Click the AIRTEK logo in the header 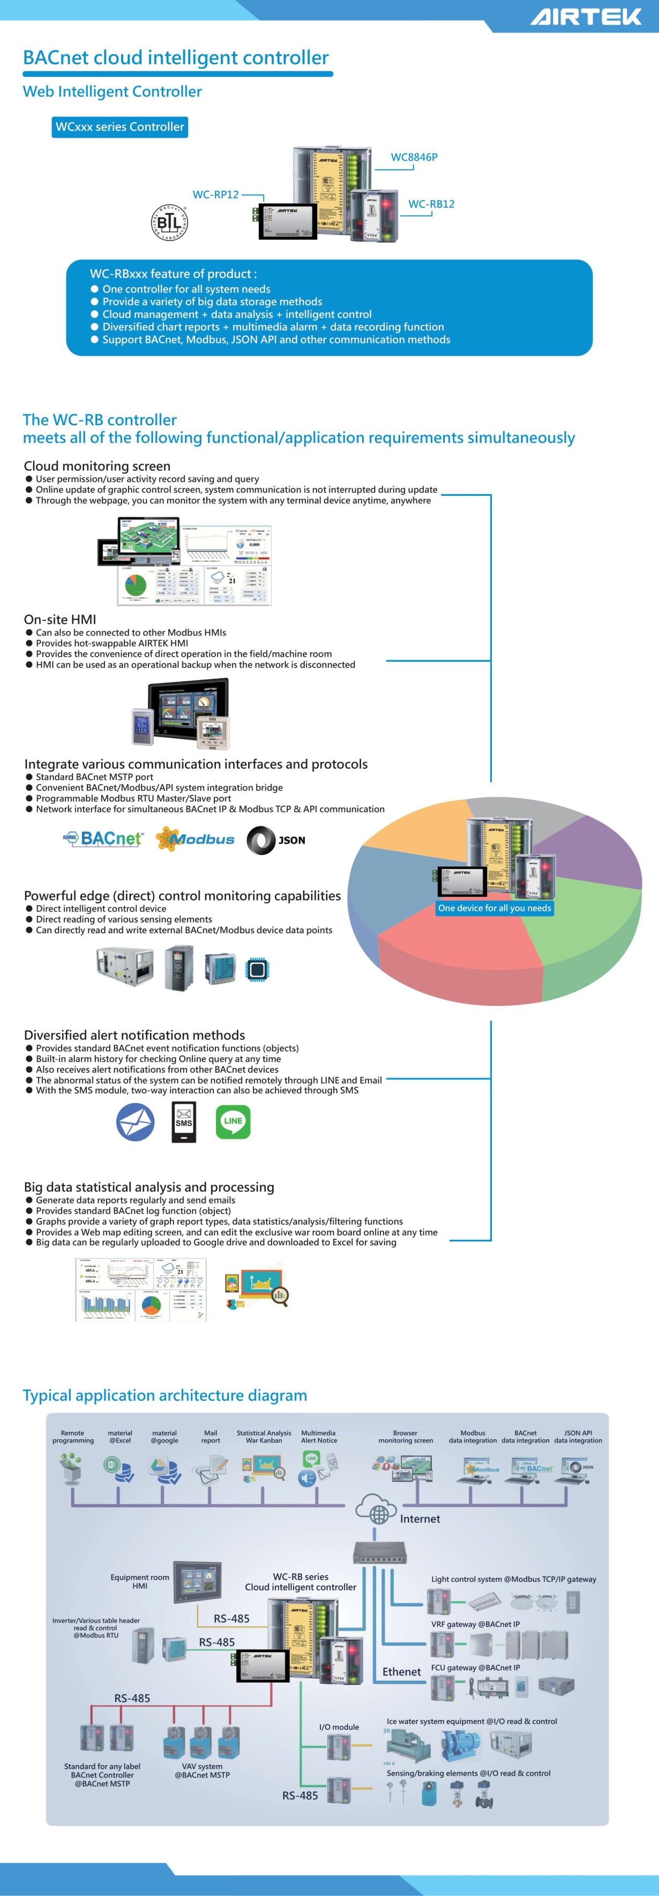[586, 16]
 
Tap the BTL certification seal [169, 221]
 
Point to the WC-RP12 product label [215, 194]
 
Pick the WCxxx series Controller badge [120, 127]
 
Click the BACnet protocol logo [104, 838]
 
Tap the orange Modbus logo [195, 839]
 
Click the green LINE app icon [233, 1122]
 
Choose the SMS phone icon [184, 1122]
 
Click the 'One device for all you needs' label [494, 908]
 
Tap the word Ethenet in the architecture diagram [402, 1671]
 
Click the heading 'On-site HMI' [61, 619]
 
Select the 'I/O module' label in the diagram [339, 1727]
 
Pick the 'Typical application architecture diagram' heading [165, 1395]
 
